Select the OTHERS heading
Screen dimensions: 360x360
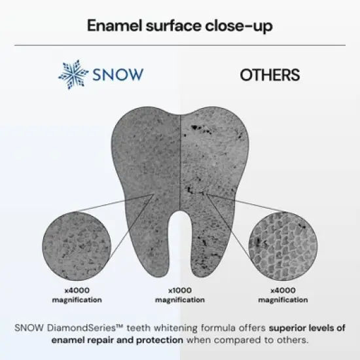coord(270,75)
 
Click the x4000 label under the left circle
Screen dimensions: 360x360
coord(77,291)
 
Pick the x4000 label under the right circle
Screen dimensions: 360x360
coord(282,291)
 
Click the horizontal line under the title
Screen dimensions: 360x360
coord(180,46)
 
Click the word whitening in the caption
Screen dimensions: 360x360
coord(171,327)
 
